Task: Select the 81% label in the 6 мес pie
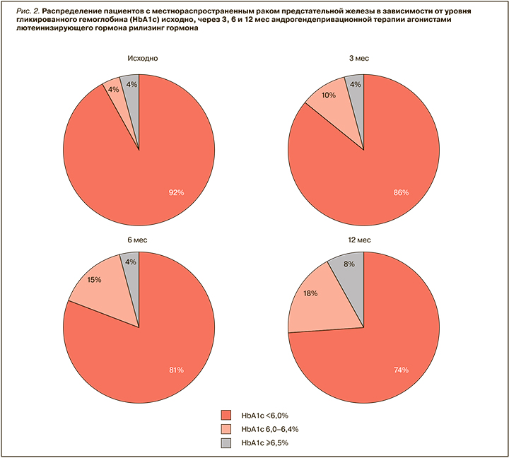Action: (176, 370)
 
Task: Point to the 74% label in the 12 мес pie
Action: (400, 370)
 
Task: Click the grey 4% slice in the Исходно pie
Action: (131, 85)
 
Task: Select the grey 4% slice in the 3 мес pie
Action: (356, 86)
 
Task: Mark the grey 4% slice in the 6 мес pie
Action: (131, 262)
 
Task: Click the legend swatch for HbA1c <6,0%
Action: (226, 416)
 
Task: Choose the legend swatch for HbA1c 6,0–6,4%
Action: (226, 429)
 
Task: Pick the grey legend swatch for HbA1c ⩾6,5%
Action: (226, 442)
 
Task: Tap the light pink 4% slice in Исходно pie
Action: (115, 90)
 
